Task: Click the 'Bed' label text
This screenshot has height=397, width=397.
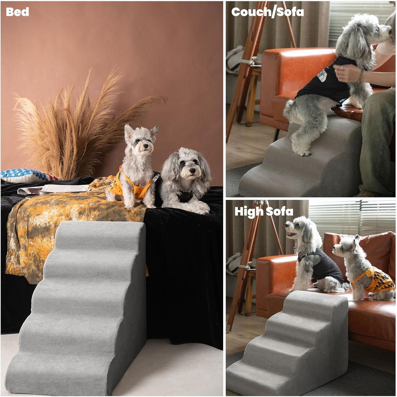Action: point(17,12)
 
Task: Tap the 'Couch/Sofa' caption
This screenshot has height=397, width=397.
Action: point(267,12)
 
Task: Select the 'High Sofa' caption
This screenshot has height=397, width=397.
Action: point(264,212)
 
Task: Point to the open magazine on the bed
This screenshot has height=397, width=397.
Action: point(55,189)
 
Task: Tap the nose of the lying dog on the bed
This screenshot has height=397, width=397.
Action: point(192,171)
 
